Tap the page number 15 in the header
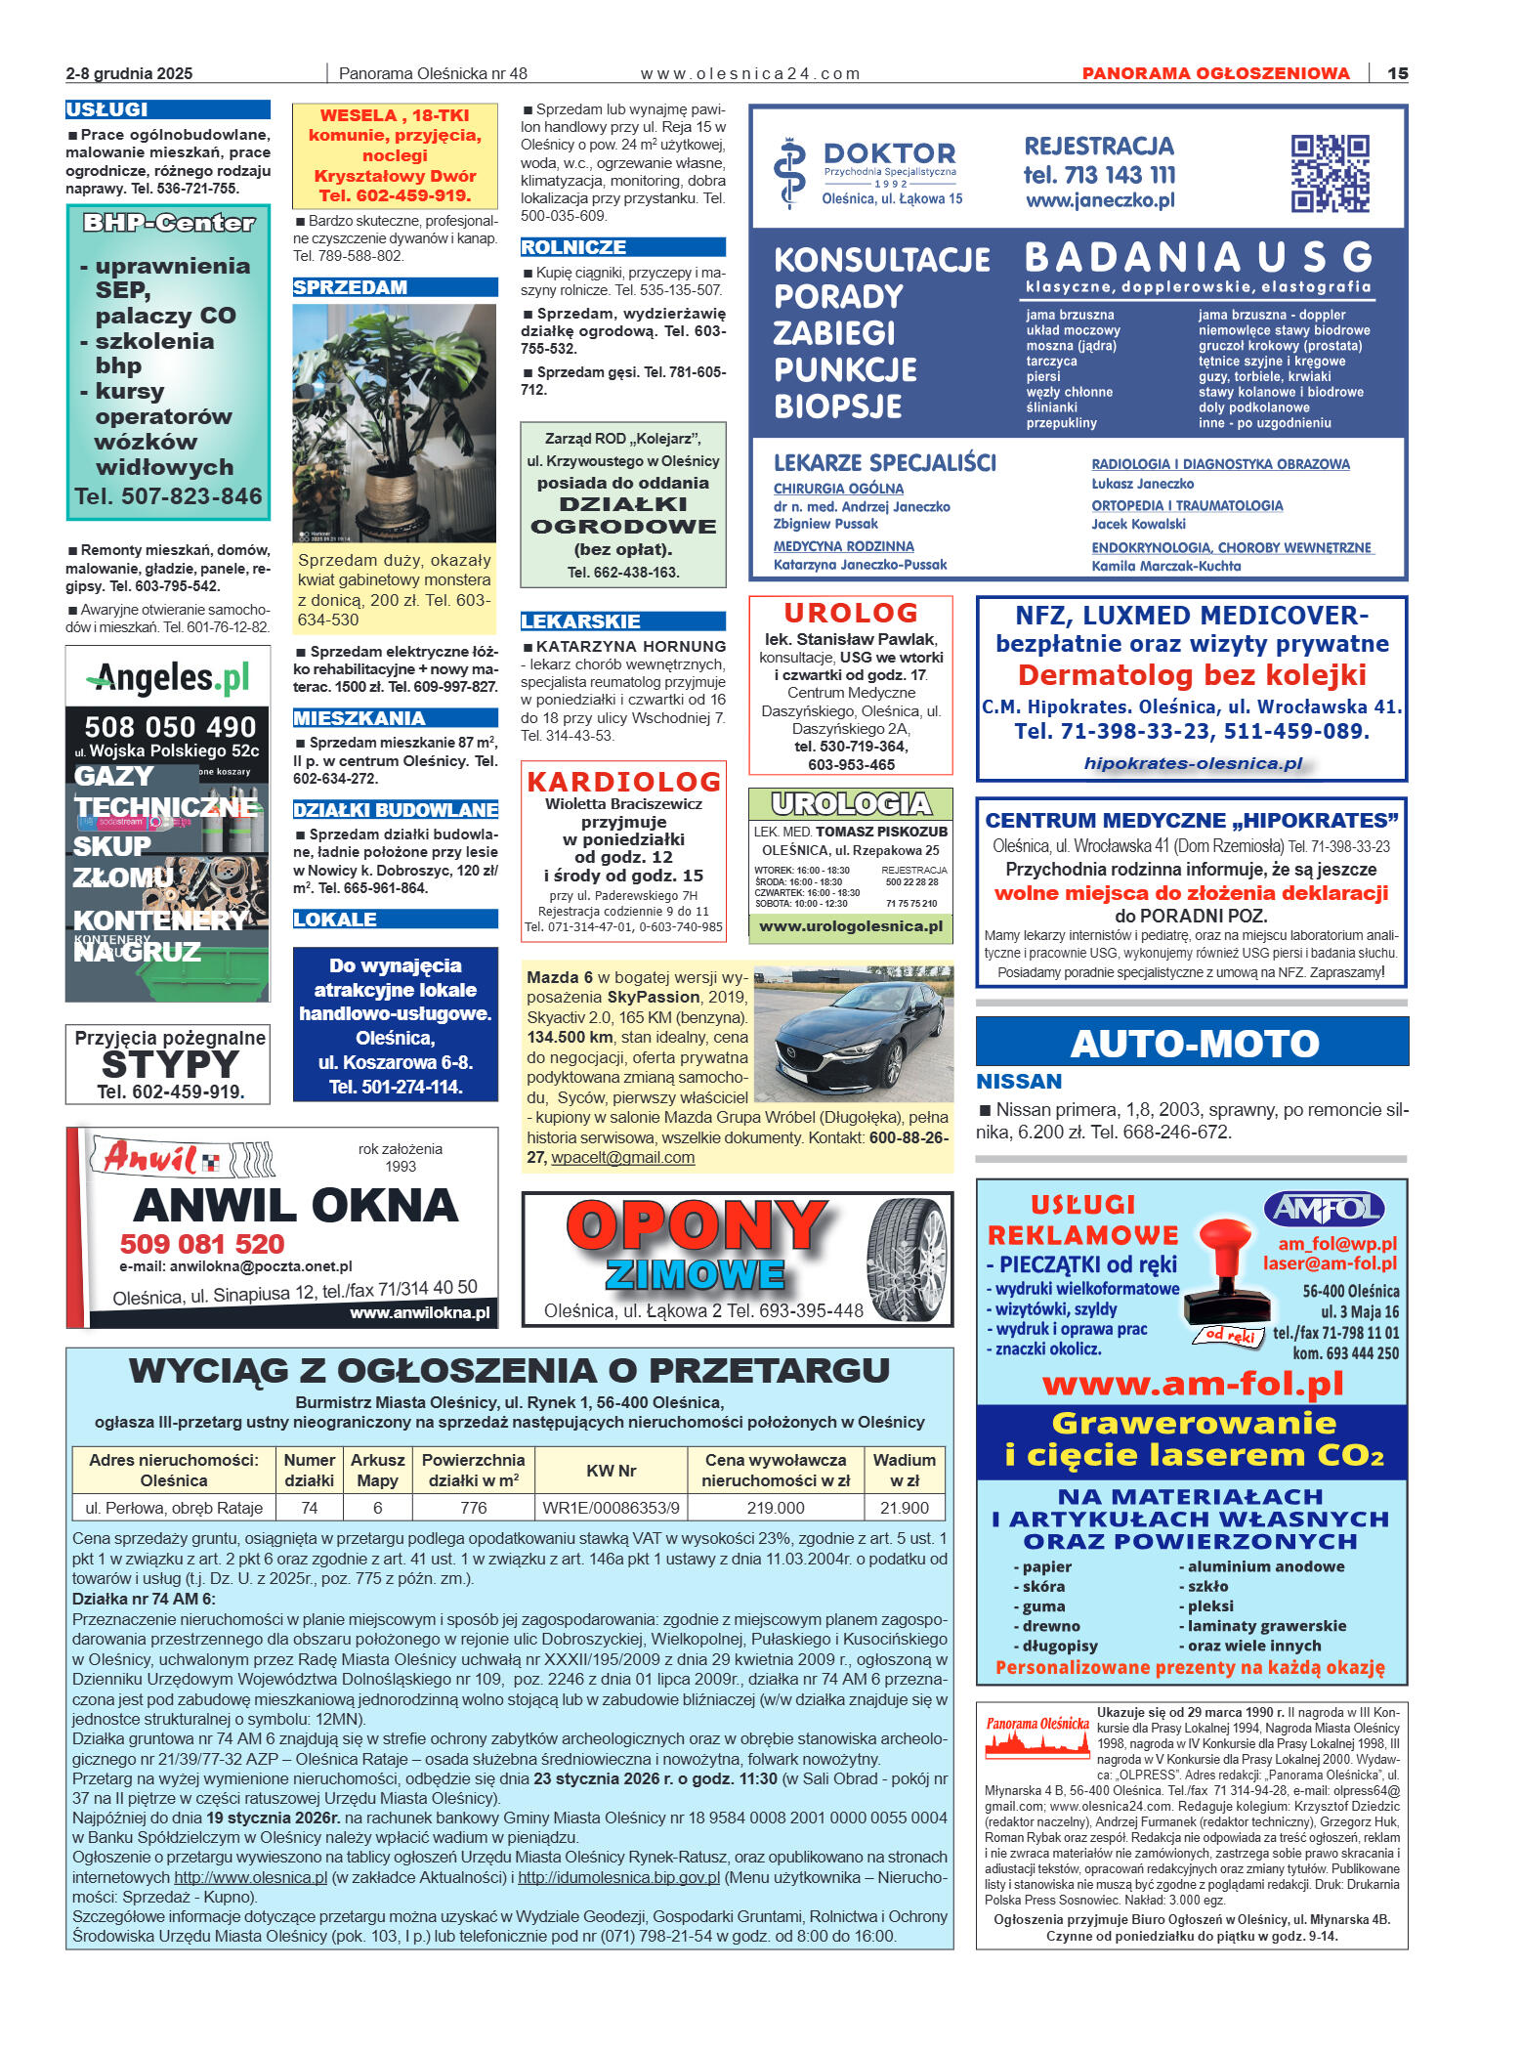[1397, 73]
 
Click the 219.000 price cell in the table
[775, 1508]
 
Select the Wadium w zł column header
[904, 1470]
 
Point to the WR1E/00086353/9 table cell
[611, 1508]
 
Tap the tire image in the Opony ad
[907, 1259]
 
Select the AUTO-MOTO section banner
[1192, 1043]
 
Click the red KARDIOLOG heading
[623, 782]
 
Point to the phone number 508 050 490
[170, 727]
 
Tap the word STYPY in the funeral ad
[170, 1064]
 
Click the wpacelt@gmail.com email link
[622, 1158]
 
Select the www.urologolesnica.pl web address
[850, 926]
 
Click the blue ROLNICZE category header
[573, 247]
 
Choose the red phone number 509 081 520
[202, 1244]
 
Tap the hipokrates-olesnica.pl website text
[1193, 763]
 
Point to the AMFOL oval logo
[1324, 1210]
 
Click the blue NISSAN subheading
[1019, 1082]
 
